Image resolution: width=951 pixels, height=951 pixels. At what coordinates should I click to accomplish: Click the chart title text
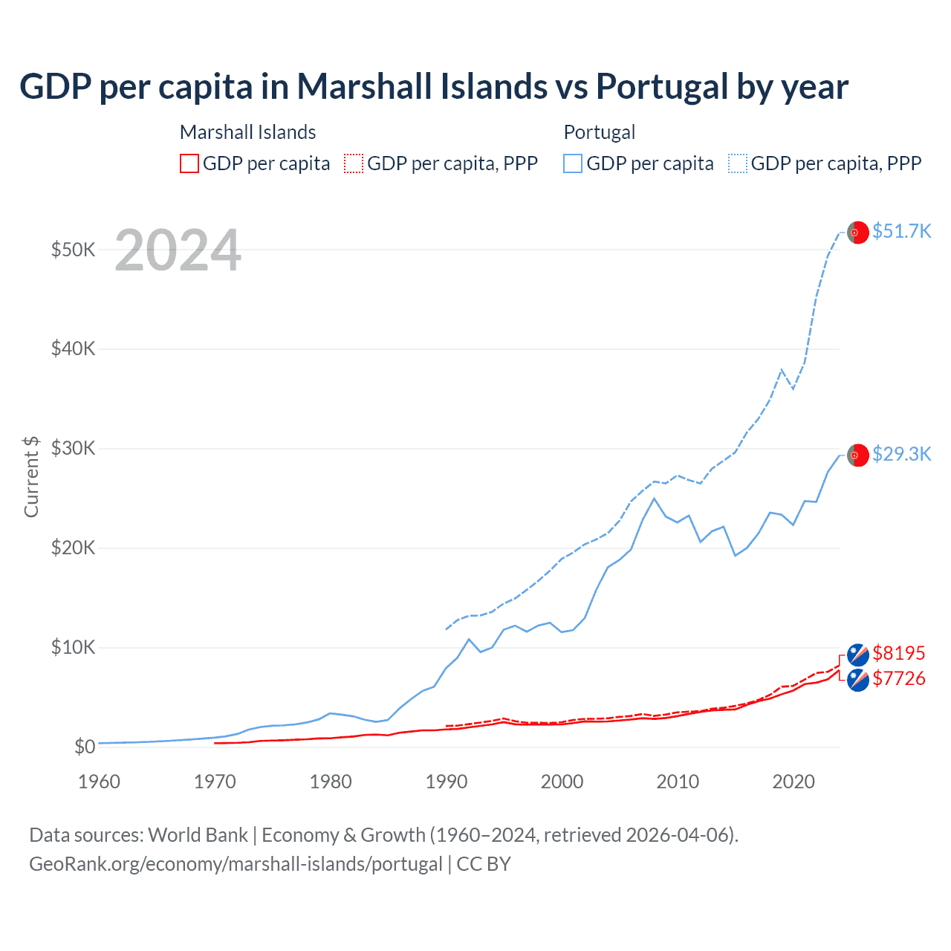coord(434,87)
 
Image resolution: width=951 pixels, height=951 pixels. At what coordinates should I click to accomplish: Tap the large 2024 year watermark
coord(178,251)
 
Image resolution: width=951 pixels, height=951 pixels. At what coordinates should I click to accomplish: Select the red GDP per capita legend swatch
coord(189,163)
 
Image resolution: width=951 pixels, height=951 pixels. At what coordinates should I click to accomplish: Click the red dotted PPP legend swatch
coord(354,163)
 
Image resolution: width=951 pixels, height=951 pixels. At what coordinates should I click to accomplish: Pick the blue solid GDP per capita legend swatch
coord(573,163)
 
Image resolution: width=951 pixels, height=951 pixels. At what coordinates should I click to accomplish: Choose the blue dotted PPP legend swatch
coord(738,163)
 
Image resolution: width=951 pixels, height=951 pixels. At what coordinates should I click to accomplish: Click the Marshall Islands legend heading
coord(248,132)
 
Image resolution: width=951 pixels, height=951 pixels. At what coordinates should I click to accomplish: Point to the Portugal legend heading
coord(600,132)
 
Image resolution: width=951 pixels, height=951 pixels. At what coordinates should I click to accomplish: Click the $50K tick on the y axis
coord(73,250)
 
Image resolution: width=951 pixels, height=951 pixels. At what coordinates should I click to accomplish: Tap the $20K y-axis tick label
coord(73,548)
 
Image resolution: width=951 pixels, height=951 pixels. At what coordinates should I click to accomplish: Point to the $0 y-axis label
coord(85,747)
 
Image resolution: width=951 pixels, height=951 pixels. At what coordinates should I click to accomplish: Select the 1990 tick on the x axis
coord(447,782)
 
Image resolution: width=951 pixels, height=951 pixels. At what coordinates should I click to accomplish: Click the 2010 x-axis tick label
coord(678,782)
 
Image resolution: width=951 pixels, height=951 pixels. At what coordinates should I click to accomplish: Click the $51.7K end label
coord(901,231)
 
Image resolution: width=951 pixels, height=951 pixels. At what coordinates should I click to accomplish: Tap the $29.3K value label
coord(901,454)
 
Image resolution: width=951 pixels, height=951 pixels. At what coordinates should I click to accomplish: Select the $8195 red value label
coord(899,653)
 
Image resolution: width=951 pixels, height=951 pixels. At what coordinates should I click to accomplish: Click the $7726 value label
coord(899,678)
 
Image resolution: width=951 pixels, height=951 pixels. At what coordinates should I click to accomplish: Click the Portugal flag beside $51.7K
coord(858,233)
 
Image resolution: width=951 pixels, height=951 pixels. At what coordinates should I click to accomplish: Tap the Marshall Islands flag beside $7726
coord(858,680)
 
